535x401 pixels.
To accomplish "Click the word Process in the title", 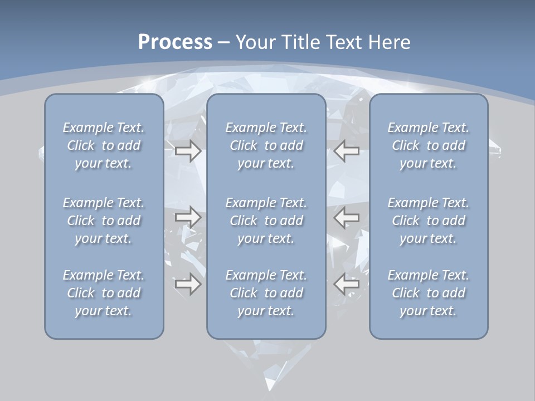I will pyautogui.click(x=175, y=42).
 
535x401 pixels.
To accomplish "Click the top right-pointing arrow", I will pyautogui.click(x=188, y=151).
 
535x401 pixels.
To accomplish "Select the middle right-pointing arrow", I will pyautogui.click(x=188, y=217).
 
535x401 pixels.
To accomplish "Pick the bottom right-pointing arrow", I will pyautogui.click(x=188, y=284).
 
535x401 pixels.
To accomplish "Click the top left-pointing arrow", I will pyautogui.click(x=347, y=151).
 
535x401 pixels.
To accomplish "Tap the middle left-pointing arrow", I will pyautogui.click(x=347, y=217).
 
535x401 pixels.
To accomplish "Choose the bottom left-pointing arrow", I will pyautogui.click(x=347, y=284).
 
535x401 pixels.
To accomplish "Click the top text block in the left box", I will pyautogui.click(x=104, y=145).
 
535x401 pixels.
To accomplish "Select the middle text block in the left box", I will pyautogui.click(x=104, y=221).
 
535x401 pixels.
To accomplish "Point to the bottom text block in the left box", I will pyautogui.click(x=104, y=293).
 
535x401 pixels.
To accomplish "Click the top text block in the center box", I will pyautogui.click(x=266, y=145).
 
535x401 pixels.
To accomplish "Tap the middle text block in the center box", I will pyautogui.click(x=266, y=221).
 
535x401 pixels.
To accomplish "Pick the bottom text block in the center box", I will pyautogui.click(x=266, y=293).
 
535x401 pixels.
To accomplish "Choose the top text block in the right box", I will pyautogui.click(x=429, y=145).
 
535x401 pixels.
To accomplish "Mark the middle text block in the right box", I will pyautogui.click(x=429, y=221).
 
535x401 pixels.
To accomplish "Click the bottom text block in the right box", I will pyautogui.click(x=429, y=293).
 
